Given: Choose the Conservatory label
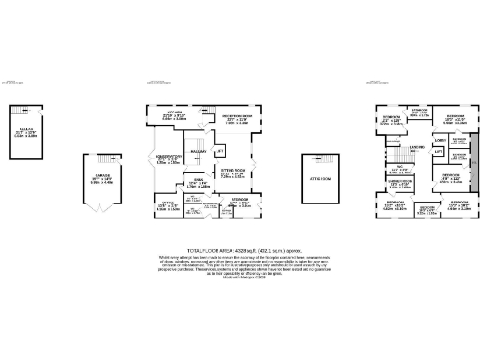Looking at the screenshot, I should click(x=169, y=160).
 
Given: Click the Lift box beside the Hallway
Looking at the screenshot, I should click(x=219, y=151).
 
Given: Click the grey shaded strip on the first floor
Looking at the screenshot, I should click(x=472, y=163).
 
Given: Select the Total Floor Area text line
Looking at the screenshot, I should click(x=240, y=252).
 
